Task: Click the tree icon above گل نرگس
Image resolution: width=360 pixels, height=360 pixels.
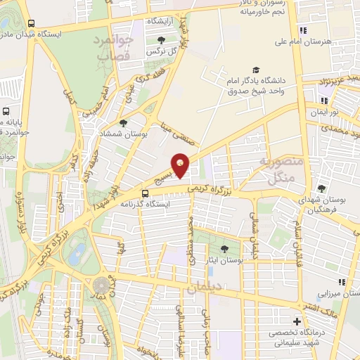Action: pyautogui.click(x=162, y=39)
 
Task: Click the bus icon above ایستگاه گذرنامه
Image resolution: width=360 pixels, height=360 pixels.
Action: pyautogui.click(x=145, y=193)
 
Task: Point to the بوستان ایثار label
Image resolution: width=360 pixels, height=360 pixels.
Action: pyautogui.click(x=224, y=259)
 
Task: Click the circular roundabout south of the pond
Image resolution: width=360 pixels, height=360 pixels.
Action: pyautogui.click(x=104, y=285)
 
